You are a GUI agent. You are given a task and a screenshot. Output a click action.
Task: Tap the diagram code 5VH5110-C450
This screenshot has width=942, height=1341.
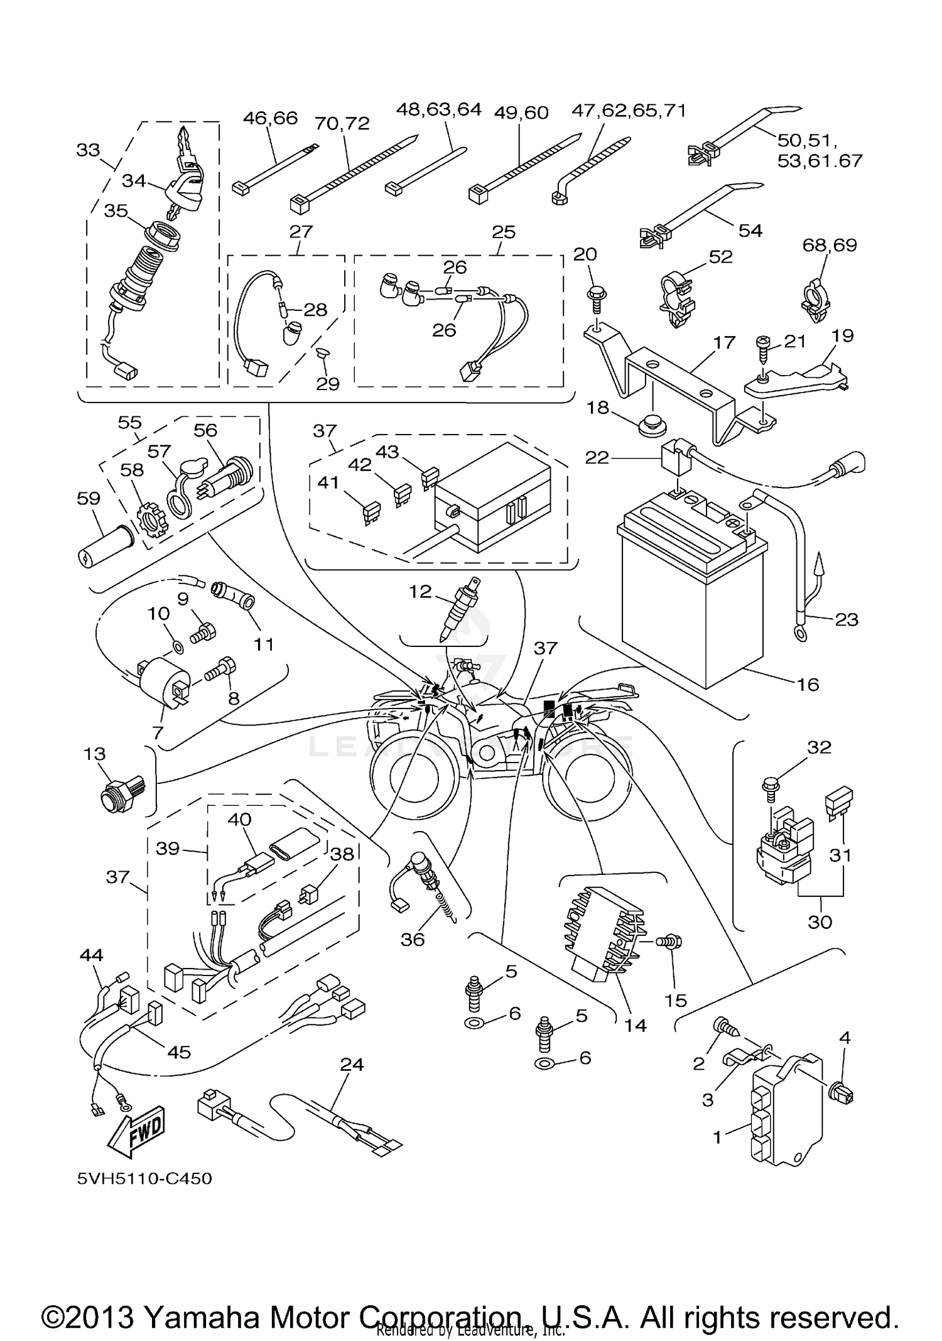coord(144,1178)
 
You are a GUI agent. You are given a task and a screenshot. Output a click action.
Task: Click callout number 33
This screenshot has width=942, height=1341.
coord(88,150)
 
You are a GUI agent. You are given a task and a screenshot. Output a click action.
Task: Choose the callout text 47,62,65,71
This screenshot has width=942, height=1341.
coord(628,111)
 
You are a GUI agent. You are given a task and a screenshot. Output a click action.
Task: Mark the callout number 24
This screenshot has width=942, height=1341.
coord(352,1064)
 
